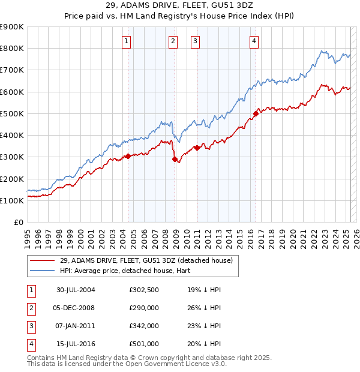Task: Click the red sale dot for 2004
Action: tap(128, 157)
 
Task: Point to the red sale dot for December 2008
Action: tap(175, 160)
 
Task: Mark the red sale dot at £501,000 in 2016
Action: tap(256, 113)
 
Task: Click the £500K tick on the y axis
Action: tap(12, 113)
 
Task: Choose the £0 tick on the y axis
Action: tap(18, 222)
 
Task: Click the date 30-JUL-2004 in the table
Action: tap(76, 290)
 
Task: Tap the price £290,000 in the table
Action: tap(144, 308)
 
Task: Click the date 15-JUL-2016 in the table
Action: tap(76, 344)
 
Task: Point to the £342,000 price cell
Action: tap(144, 326)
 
